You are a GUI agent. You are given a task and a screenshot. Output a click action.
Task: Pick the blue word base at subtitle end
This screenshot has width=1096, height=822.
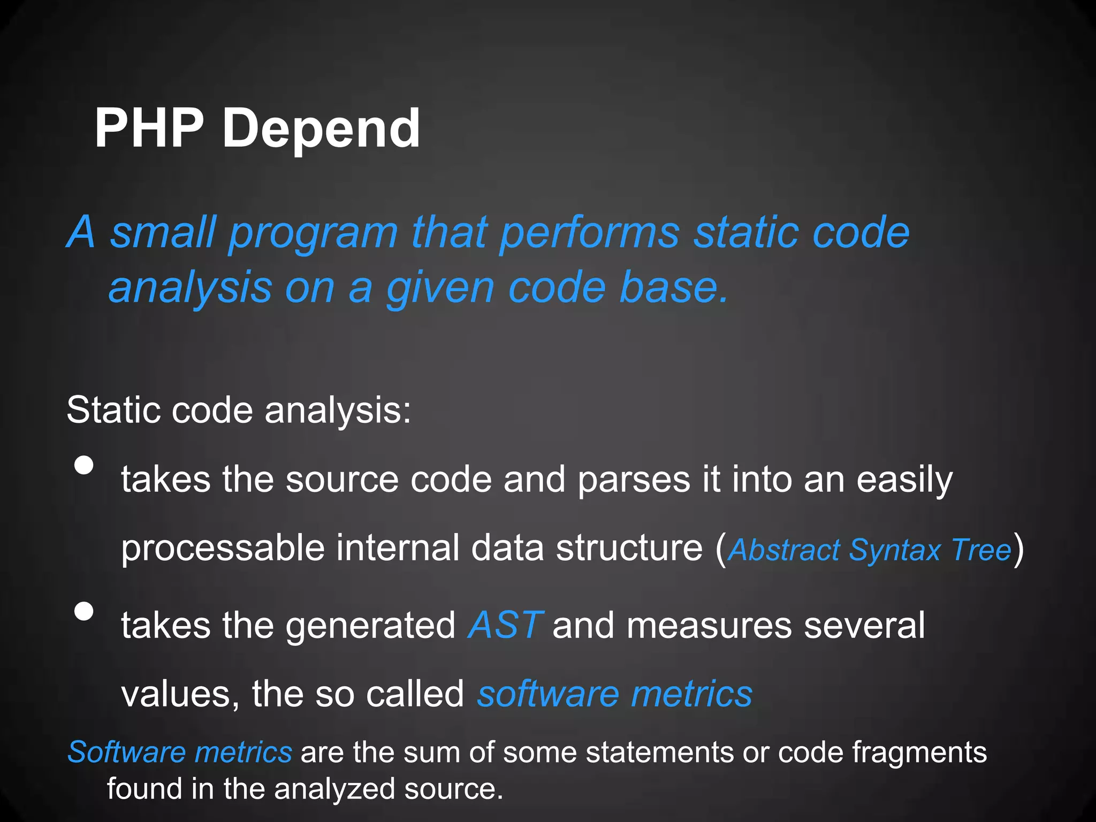coord(673,287)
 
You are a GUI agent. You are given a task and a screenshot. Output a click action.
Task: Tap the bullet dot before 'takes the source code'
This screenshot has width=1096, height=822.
coord(84,465)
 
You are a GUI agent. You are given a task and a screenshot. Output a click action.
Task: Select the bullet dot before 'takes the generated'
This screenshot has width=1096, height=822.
coord(84,611)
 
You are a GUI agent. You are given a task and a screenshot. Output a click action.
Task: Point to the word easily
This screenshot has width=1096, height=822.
coord(904,480)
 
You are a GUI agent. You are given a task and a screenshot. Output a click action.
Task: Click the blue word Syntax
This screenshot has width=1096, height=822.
coord(895,550)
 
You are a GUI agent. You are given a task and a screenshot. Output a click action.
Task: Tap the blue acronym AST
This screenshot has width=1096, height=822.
coord(505,625)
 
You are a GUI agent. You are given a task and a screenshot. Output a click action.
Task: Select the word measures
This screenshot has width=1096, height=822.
coord(709,625)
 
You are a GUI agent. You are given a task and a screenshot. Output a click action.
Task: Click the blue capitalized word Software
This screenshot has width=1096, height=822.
coord(126,752)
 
